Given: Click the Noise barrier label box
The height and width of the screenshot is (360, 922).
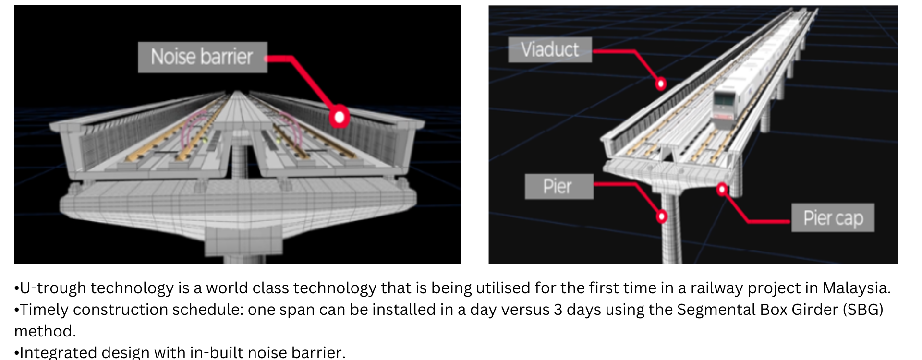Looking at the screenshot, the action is coord(202,57).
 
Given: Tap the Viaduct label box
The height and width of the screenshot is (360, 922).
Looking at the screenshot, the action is coord(550,49).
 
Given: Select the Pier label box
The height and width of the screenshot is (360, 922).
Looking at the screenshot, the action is coord(559,186).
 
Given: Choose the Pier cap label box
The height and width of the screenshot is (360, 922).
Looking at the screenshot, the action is coord(833,218).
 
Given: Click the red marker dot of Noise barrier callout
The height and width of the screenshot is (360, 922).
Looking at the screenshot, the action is coord(340,117).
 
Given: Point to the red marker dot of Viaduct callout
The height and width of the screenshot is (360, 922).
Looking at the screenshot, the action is coord(661,84).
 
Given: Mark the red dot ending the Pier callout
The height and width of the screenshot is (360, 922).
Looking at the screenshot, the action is coord(662,216).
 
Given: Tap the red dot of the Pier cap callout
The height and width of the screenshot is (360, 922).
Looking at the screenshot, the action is coord(722,189).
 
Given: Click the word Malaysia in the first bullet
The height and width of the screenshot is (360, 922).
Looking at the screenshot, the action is coord(857,288).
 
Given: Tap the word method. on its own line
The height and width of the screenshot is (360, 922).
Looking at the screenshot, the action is coord(45,331).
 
